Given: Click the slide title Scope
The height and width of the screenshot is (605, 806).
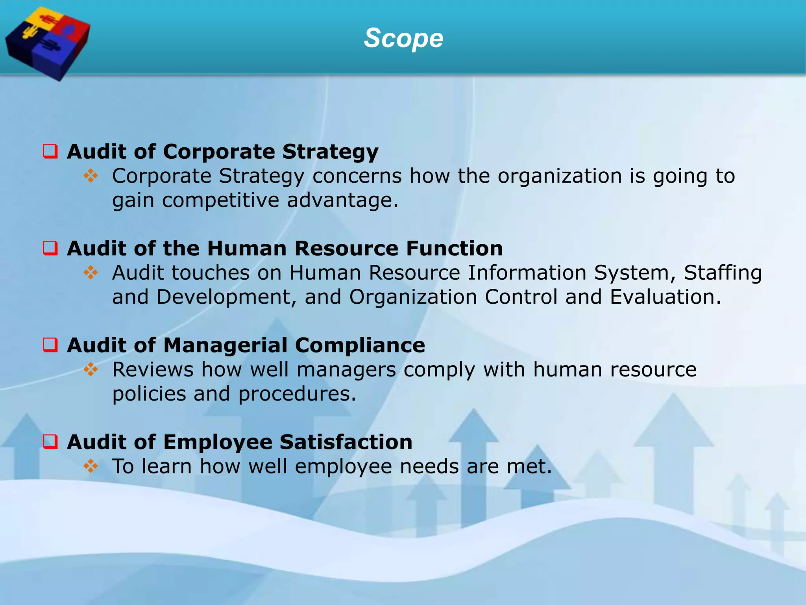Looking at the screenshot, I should (403, 38).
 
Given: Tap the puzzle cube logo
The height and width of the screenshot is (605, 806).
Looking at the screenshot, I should (47, 43).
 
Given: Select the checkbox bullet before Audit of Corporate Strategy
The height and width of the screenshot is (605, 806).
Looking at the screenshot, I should (50, 151).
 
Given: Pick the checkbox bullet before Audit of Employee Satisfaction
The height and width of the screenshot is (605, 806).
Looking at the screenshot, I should (50, 442).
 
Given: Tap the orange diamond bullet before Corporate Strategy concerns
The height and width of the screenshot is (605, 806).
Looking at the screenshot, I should (91, 176).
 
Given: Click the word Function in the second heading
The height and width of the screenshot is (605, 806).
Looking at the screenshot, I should (454, 249).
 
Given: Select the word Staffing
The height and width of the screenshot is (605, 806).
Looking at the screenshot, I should (723, 273).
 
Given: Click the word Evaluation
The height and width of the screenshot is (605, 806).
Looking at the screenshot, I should (665, 297).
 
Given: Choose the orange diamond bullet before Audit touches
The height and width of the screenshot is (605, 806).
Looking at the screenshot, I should (91, 273).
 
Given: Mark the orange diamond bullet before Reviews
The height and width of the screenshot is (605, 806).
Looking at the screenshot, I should (91, 369).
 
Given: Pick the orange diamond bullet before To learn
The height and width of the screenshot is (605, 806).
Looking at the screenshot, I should (91, 466).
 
